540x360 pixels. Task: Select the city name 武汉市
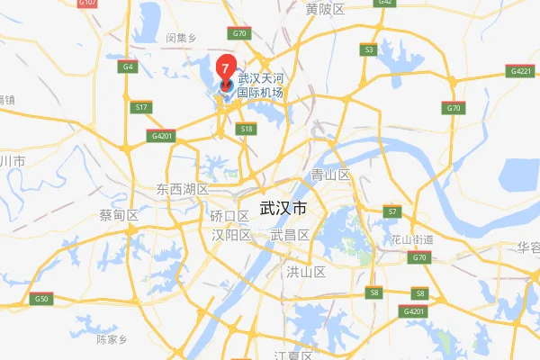(283, 208)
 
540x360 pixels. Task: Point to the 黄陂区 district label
(325, 10)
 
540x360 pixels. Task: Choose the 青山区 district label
(330, 175)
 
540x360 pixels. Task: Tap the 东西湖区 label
(182, 190)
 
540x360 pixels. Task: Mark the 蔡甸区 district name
(119, 216)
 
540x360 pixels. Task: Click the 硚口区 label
(229, 217)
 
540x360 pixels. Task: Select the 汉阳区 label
(230, 235)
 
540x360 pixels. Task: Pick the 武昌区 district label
(290, 235)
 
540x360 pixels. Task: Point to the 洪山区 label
(304, 271)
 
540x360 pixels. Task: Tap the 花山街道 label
(413, 240)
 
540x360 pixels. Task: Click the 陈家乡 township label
(114, 339)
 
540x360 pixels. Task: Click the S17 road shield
(141, 108)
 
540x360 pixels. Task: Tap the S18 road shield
(247, 130)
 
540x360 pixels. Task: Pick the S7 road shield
(391, 211)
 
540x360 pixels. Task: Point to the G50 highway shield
(41, 299)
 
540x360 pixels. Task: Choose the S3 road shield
(368, 49)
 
